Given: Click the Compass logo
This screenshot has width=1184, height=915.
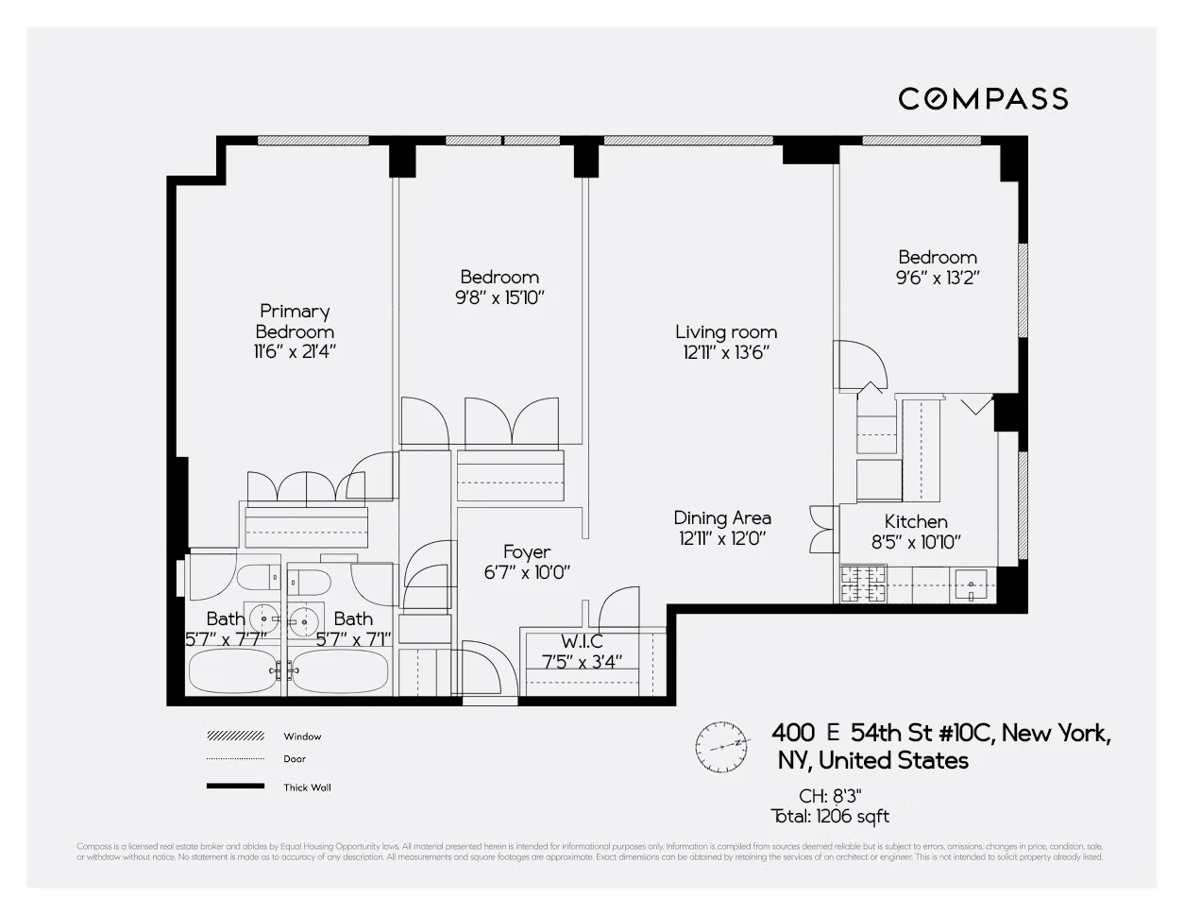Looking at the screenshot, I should tap(983, 98).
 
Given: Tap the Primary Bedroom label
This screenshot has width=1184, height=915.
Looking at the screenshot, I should tap(295, 321).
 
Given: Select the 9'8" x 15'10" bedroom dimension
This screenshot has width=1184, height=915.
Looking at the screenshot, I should tap(499, 297).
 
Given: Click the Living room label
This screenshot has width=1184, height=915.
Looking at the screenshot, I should tap(726, 331).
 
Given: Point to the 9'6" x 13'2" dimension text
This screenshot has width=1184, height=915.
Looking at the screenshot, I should tap(938, 278).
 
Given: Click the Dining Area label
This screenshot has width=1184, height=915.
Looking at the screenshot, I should tap(722, 517).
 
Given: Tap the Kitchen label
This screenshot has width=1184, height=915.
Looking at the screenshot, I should tap(916, 521).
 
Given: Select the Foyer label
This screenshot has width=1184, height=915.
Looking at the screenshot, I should tap(527, 551).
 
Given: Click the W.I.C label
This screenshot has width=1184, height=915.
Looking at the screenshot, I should tap(582, 641).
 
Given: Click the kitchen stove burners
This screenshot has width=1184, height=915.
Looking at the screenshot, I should tap(863, 584).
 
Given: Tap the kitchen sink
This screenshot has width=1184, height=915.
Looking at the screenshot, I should tap(971, 585).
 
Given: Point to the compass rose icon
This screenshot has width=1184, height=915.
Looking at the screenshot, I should tap(722, 746).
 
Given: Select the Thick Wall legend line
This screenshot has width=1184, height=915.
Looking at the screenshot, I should tap(235, 787).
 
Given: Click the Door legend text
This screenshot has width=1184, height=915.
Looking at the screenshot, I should tap(295, 759).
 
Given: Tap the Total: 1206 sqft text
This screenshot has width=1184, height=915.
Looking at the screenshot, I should tap(830, 817).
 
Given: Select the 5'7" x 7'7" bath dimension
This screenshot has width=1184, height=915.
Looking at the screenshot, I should tap(226, 638).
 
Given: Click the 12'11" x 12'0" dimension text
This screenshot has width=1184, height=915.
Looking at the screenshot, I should tap(722, 538).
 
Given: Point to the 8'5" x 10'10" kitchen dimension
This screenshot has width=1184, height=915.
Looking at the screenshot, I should tap(916, 542).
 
